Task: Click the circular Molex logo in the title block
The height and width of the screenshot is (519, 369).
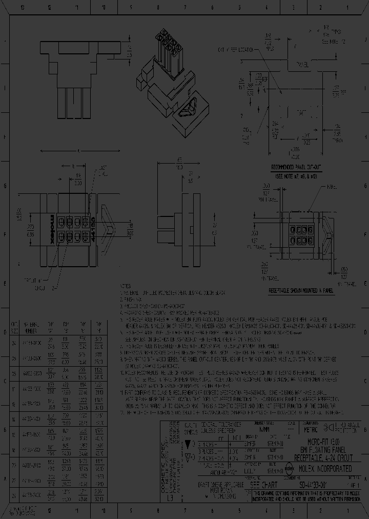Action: [290, 468]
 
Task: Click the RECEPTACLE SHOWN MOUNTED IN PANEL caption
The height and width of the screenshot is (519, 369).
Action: [301, 290]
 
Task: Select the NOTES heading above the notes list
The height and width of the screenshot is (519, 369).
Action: [126, 286]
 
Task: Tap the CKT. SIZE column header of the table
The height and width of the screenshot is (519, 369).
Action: [15, 326]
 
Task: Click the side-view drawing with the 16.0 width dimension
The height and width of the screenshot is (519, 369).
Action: [176, 215]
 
